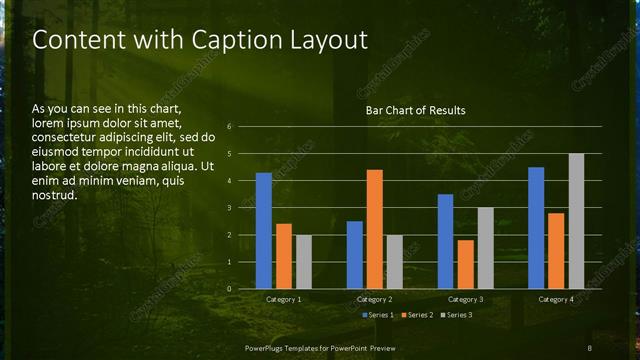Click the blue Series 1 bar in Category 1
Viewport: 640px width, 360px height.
coord(264,231)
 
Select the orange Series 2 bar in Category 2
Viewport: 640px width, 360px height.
coord(375,229)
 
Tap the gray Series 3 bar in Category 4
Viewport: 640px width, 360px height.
coord(576,221)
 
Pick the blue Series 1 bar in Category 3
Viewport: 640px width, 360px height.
coord(446,241)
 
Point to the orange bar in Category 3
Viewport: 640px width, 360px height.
coord(465,264)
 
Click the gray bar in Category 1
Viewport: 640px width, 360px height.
coord(304,262)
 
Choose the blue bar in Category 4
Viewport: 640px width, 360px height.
coord(536,228)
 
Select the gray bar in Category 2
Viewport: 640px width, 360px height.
coord(395,262)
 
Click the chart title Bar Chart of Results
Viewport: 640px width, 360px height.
coord(415,110)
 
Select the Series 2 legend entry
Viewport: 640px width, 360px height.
coord(417,315)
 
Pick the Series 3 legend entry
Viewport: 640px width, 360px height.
coord(455,315)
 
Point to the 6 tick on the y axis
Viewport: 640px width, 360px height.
coord(230,127)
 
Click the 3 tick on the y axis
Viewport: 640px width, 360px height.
coord(230,208)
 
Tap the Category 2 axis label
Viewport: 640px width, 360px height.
coord(374,299)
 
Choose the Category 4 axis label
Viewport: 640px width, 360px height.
coord(556,299)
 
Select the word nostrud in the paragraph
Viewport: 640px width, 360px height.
coord(54,195)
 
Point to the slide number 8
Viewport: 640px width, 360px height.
coord(590,347)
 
